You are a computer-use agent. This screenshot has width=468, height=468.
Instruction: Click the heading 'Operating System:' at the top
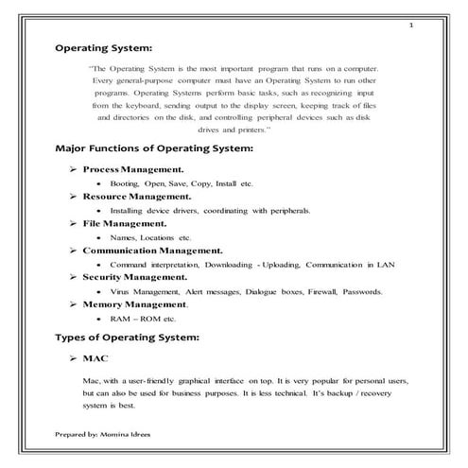pos(104,45)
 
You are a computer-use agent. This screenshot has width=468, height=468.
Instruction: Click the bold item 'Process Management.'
pos(133,168)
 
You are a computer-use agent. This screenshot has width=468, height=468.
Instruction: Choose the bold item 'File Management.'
pos(124,223)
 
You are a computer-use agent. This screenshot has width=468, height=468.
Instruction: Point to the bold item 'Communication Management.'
pos(152,251)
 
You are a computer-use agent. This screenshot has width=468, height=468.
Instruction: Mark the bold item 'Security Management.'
pos(134,278)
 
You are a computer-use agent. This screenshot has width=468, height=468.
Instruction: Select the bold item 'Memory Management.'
pos(135,304)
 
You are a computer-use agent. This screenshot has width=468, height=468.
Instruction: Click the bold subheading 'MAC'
pos(95,359)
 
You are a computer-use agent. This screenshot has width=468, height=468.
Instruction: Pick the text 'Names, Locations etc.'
pos(150,237)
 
